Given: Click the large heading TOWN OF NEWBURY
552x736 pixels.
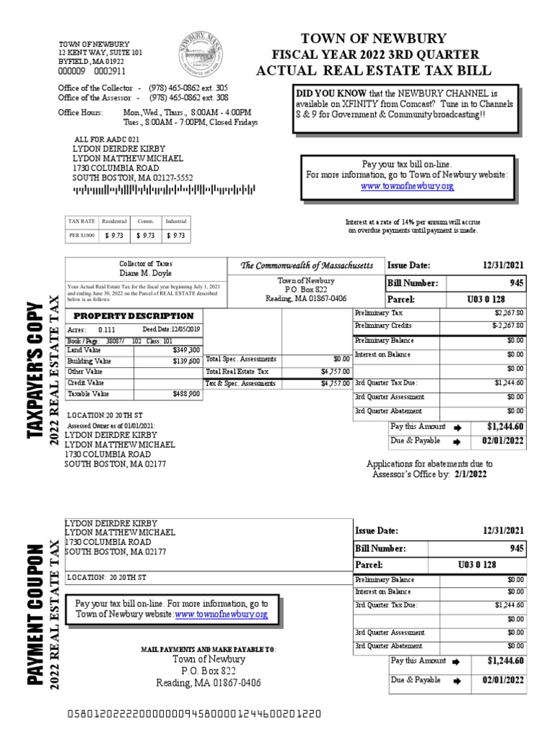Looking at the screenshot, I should point(373,39).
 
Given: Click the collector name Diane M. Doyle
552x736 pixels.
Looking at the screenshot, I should point(145,274).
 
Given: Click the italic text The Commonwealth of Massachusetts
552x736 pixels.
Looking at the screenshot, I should point(307,266).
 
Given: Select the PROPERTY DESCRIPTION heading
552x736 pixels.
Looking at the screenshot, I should point(134,316).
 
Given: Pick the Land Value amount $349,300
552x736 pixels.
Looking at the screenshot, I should point(187,349).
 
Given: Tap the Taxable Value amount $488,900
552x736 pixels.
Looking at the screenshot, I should point(187,395).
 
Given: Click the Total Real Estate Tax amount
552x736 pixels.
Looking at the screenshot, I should point(335,372).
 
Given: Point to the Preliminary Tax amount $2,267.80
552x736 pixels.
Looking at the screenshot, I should point(510,313).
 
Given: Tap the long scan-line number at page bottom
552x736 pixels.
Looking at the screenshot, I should point(194,715).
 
